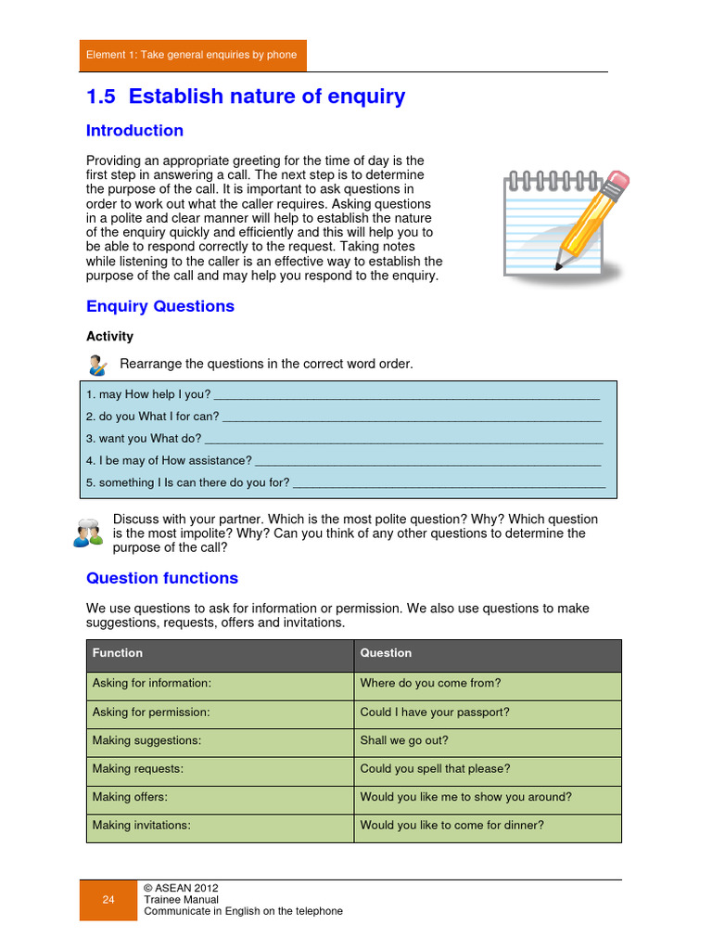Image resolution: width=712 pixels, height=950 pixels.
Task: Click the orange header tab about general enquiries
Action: click(x=192, y=56)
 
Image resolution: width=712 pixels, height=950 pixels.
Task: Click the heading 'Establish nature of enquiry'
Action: click(x=246, y=96)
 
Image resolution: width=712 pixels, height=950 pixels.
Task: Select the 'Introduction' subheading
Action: click(x=134, y=131)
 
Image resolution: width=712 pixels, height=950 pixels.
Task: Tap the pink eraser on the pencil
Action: click(x=618, y=181)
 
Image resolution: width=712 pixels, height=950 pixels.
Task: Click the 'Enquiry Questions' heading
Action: click(x=160, y=306)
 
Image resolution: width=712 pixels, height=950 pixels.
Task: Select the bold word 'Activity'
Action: click(x=109, y=337)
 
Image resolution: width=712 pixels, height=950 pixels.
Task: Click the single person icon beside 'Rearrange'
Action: click(x=97, y=364)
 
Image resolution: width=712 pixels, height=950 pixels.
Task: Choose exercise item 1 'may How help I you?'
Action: click(x=148, y=394)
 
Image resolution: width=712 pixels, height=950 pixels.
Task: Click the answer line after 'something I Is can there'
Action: click(x=449, y=483)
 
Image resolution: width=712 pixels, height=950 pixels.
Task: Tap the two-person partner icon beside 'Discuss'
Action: click(x=88, y=533)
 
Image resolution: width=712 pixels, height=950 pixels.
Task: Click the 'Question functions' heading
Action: click(x=162, y=578)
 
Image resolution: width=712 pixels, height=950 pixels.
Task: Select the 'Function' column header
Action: click(x=118, y=653)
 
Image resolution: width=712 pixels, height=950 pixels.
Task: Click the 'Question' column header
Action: click(x=386, y=653)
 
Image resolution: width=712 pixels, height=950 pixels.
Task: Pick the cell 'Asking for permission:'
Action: click(x=151, y=712)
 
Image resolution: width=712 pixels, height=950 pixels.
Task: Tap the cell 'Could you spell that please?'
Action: click(x=435, y=769)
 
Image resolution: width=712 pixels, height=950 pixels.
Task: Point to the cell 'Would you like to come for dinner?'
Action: click(x=451, y=826)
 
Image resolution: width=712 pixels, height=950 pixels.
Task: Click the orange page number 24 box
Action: click(x=108, y=900)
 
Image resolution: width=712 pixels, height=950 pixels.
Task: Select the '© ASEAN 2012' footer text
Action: click(x=181, y=888)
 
